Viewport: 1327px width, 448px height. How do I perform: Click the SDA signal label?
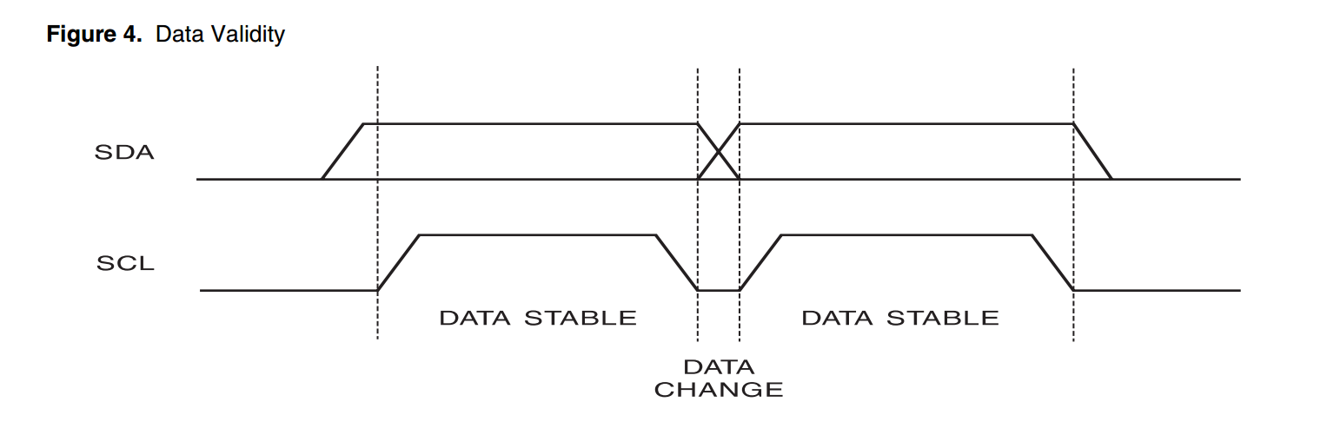pyautogui.click(x=124, y=153)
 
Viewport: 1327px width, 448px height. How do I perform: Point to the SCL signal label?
pyautogui.click(x=125, y=263)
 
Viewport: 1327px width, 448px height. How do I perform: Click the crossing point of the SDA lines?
pyautogui.click(x=719, y=152)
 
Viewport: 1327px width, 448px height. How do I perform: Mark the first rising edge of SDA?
pyautogui.click(x=342, y=152)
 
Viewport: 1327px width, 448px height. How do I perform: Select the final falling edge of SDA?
pyautogui.click(x=1093, y=152)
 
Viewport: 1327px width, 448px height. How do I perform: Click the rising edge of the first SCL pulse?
pyautogui.click(x=398, y=262)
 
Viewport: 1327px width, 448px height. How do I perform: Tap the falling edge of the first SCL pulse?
pyautogui.click(x=677, y=262)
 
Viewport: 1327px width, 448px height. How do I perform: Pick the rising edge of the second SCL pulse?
pyautogui.click(x=760, y=262)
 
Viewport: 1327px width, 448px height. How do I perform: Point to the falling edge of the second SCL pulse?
pyautogui.click(x=1053, y=262)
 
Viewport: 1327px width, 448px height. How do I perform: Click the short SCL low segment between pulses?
pyautogui.click(x=719, y=290)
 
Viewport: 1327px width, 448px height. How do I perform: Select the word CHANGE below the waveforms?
pyautogui.click(x=719, y=390)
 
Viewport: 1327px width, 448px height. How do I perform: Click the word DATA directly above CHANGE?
pyautogui.click(x=719, y=367)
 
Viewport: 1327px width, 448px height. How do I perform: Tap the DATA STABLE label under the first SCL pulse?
pyautogui.click(x=538, y=318)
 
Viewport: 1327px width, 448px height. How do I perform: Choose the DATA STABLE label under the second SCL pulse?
pyautogui.click(x=900, y=318)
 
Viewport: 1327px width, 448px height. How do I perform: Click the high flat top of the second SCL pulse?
pyautogui.click(x=906, y=234)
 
